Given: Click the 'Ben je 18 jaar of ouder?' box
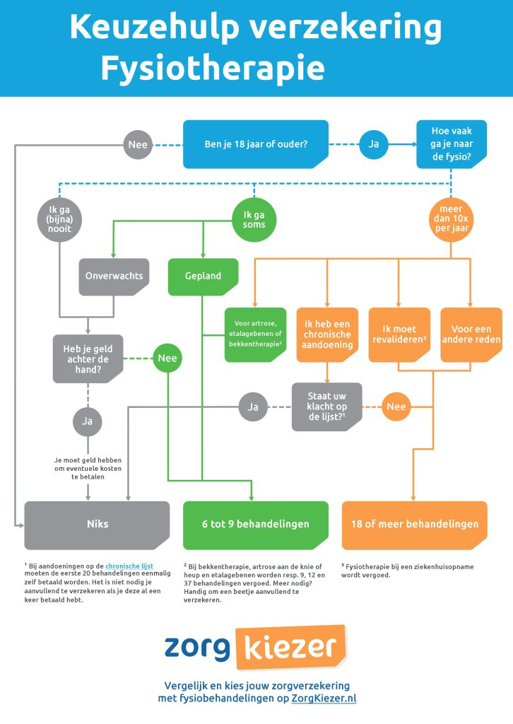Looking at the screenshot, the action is click(x=256, y=144).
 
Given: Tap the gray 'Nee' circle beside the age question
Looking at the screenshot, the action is click(x=138, y=144).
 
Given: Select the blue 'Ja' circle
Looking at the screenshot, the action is click(x=374, y=144).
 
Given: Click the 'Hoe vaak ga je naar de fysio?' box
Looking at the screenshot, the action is click(x=452, y=144).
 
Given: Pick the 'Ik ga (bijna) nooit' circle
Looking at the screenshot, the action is click(x=59, y=220).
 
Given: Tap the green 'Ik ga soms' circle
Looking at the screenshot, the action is click(x=254, y=220).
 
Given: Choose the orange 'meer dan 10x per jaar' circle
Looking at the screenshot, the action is click(x=452, y=220).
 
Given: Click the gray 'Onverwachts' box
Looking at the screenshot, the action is click(x=114, y=276).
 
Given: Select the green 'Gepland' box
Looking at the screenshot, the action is click(x=203, y=276).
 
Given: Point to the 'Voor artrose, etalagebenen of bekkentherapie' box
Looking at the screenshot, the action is click(x=256, y=334).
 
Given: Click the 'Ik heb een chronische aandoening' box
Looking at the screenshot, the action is click(x=328, y=334).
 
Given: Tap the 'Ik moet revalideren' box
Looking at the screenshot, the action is click(x=399, y=334).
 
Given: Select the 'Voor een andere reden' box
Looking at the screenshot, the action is click(x=471, y=334).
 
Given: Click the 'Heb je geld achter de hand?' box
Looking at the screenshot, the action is click(x=88, y=358).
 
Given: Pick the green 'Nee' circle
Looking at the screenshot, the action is click(x=167, y=358).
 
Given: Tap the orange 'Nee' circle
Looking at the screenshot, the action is click(x=396, y=407).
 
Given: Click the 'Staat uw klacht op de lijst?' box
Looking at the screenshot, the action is click(x=327, y=407).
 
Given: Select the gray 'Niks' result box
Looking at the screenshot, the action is click(x=98, y=525).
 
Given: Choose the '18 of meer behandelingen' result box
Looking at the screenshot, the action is click(x=414, y=525).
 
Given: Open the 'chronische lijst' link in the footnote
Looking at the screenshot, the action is click(x=129, y=566).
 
